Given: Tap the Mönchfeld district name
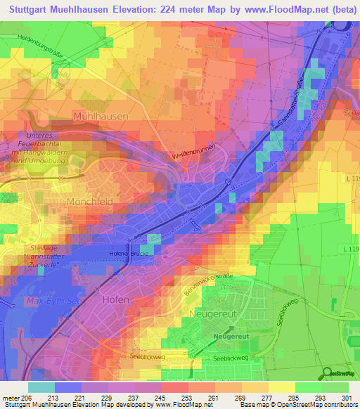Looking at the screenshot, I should click(90, 201).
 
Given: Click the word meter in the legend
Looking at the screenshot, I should click(12, 397).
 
